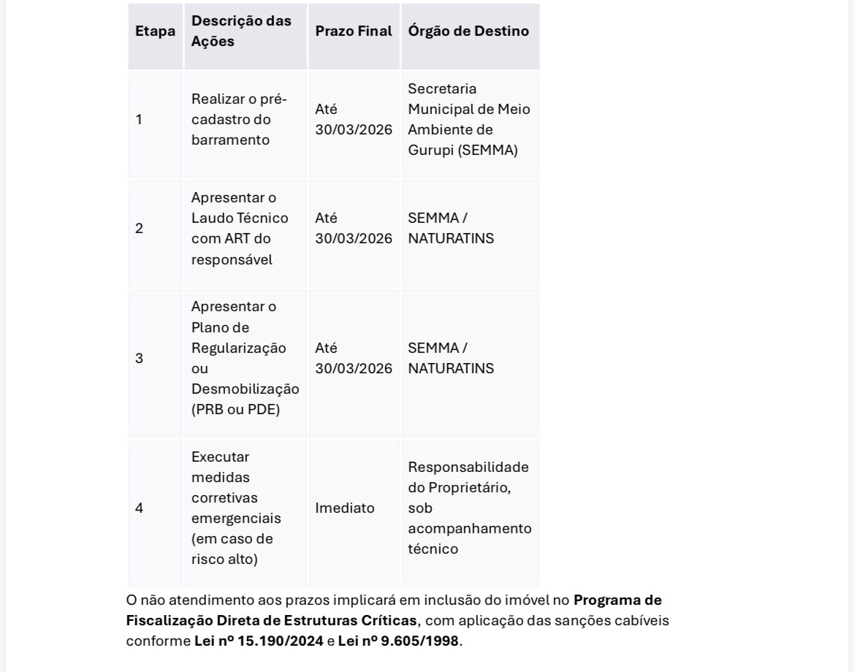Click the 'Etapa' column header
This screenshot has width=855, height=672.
[155, 31]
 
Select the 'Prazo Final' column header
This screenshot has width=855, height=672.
[354, 31]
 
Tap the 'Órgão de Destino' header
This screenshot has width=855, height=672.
[468, 31]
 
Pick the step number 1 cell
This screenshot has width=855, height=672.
[139, 120]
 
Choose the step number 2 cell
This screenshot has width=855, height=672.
[139, 229]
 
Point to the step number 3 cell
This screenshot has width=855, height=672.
[139, 359]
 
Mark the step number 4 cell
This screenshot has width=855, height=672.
[139, 508]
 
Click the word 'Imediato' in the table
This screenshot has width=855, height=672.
[344, 508]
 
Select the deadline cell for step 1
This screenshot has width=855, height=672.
[354, 120]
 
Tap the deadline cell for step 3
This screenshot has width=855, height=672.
[354, 359]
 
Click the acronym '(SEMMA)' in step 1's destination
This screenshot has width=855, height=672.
[489, 150]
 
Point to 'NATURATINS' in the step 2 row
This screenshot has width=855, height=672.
[451, 239]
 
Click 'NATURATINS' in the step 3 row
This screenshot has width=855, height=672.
[451, 369]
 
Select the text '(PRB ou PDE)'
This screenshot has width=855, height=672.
[235, 410]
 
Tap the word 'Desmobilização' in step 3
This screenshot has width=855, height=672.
[245, 389]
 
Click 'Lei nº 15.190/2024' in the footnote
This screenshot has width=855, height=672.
[259, 641]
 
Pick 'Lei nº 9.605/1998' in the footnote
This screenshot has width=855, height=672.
[398, 641]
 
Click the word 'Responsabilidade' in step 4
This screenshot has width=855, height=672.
[468, 467]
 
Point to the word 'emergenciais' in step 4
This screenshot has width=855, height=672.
[236, 519]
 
